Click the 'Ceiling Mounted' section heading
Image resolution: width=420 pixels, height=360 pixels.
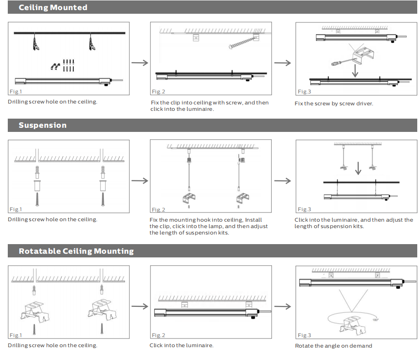click(53, 7)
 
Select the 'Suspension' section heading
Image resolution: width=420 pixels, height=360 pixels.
click(43, 125)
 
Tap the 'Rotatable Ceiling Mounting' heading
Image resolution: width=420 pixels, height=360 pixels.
click(76, 251)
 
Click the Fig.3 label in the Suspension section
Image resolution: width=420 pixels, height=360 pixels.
click(304, 209)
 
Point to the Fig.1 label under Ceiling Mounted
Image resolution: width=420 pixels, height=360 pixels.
click(16, 92)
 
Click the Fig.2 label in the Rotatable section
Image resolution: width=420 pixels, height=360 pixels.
click(158, 335)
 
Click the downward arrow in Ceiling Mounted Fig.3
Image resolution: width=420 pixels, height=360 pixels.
click(354, 70)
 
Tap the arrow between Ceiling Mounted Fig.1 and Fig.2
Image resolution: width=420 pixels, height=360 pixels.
click(140, 63)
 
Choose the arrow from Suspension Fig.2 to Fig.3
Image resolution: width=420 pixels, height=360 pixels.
click(282, 180)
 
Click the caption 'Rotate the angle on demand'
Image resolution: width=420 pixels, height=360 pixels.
click(334, 346)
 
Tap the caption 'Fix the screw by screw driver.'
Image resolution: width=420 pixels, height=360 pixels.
click(334, 104)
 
